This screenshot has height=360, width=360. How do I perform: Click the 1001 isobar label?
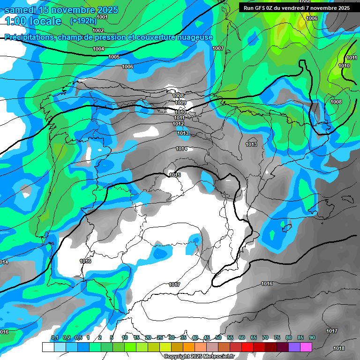point(102,17)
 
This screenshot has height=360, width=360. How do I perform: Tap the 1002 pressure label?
point(98,30)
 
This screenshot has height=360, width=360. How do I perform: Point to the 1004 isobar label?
point(98,49)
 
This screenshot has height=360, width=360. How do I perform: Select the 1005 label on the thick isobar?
point(114,57)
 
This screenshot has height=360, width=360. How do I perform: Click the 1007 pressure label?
point(218,48)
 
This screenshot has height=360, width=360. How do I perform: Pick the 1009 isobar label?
point(180,103)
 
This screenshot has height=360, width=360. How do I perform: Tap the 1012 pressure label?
point(178,124)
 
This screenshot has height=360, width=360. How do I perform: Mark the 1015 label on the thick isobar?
point(175,175)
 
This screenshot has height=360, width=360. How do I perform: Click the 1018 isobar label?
point(338,348)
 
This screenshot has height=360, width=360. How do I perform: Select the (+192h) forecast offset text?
point(83,21)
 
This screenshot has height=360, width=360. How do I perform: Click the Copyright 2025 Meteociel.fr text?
point(199,356)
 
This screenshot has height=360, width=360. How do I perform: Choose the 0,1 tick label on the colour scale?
point(54,338)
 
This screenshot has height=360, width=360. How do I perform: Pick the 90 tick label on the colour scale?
point(312,338)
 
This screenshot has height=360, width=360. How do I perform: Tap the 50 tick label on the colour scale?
point(218,338)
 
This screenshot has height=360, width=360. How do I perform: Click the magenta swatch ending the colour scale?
point(306,347)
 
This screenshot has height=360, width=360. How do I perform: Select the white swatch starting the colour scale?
point(48,347)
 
